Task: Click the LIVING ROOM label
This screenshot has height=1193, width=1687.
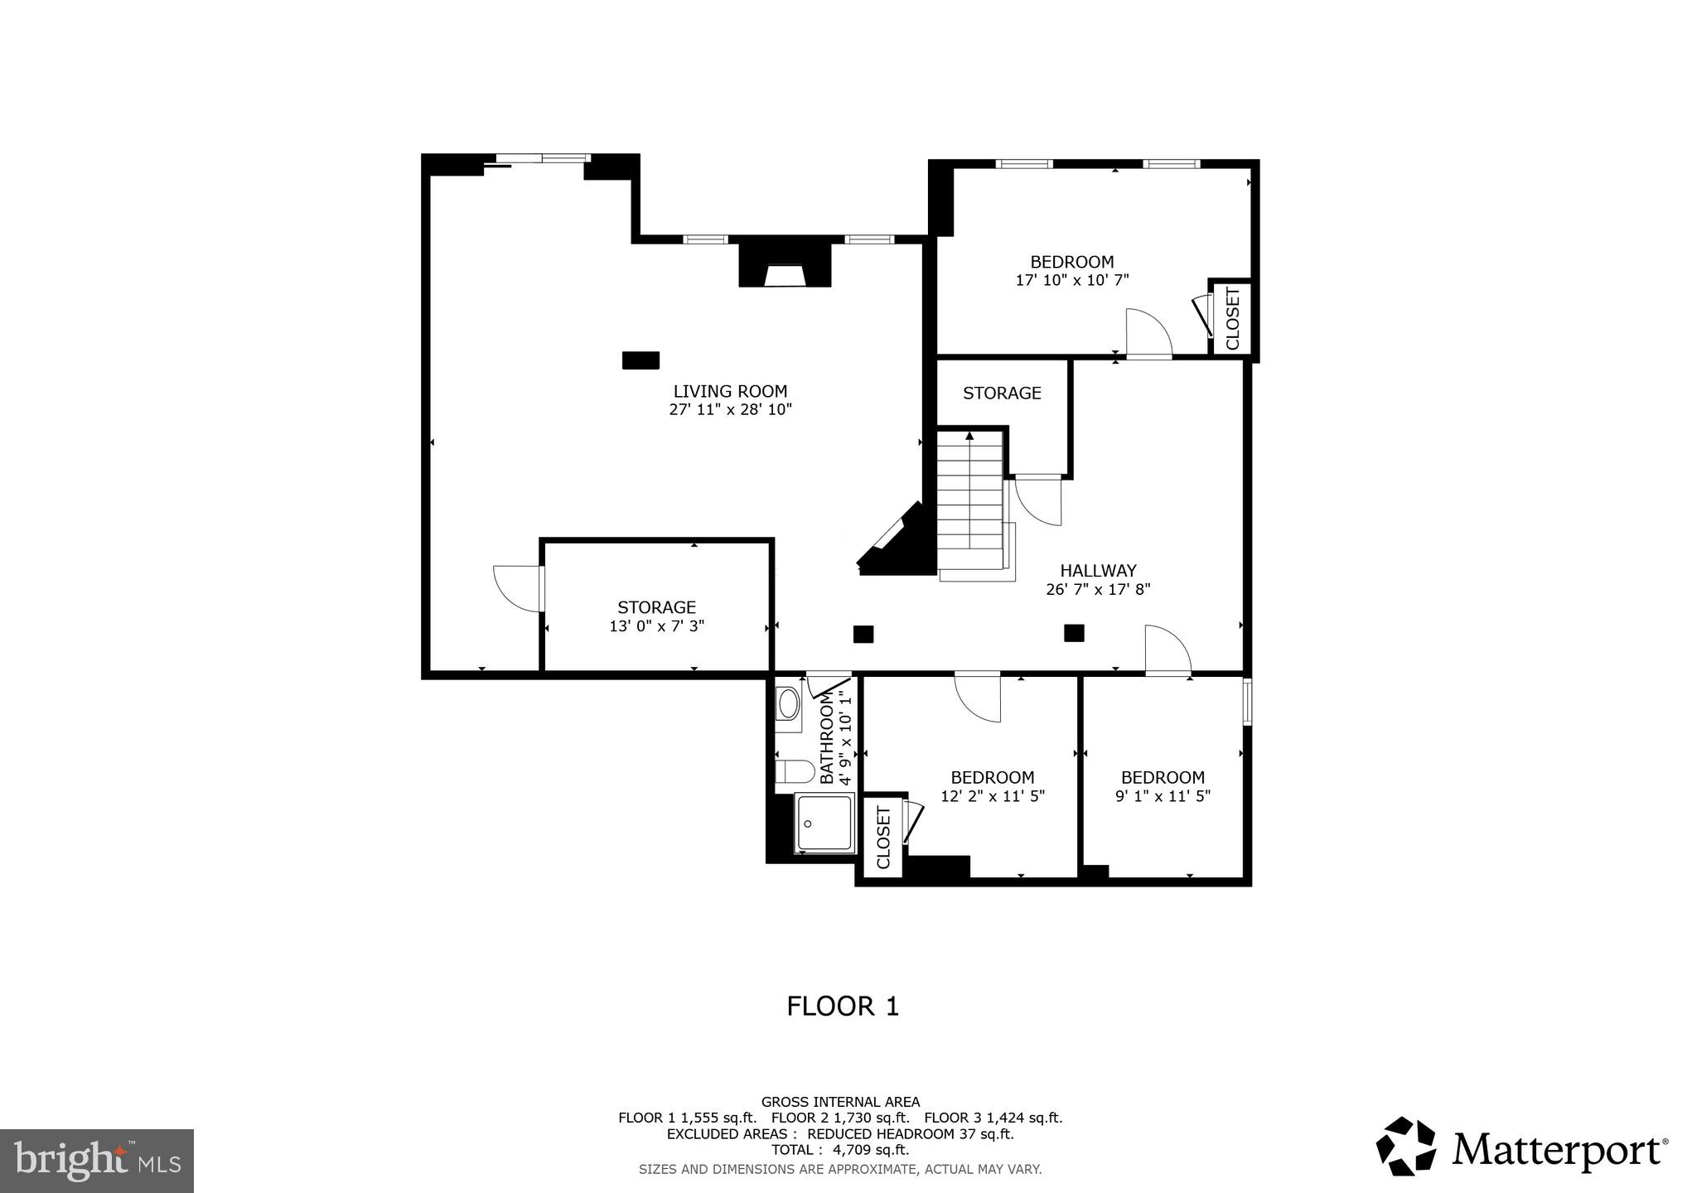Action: [x=730, y=391]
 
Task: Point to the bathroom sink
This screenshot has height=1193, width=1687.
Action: [x=789, y=705]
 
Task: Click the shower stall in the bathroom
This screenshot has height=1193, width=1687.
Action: [x=824, y=823]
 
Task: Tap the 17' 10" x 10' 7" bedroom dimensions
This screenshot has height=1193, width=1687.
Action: [x=1071, y=281]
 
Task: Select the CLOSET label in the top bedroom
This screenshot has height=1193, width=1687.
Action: [x=1232, y=319]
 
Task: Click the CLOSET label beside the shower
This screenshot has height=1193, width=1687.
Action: [x=882, y=838]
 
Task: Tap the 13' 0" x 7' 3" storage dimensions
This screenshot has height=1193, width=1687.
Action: [x=656, y=626]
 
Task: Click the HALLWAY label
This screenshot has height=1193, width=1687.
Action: [x=1098, y=570]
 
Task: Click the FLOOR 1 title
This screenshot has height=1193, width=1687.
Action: [x=843, y=1007]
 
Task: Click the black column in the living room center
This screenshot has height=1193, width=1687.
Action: [x=640, y=360]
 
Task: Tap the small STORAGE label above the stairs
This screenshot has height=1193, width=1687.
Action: [x=1001, y=393]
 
